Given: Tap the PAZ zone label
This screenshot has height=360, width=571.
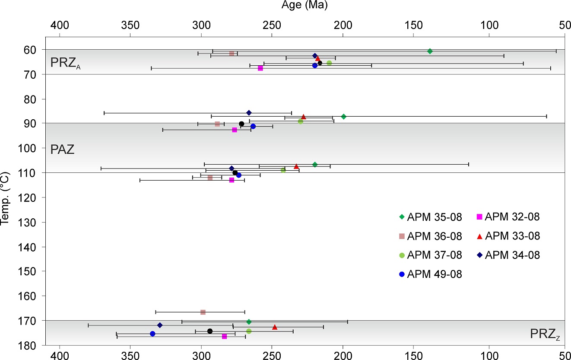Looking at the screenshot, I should tap(63, 150).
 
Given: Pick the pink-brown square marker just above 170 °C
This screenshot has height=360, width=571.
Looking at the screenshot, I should tap(203, 312).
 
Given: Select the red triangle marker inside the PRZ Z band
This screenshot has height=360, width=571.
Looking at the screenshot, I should tap(275, 327).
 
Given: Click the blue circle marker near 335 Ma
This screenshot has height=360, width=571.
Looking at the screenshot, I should tap(152, 334).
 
